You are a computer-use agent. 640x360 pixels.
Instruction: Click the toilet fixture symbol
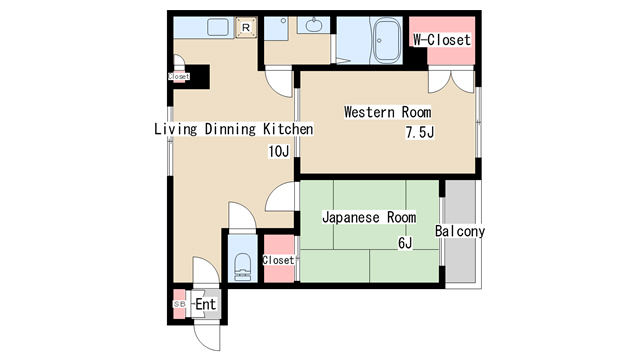click(x=243, y=267)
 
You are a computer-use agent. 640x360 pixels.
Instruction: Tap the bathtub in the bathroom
click(x=387, y=41)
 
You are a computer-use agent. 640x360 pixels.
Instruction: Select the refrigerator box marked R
click(x=246, y=28)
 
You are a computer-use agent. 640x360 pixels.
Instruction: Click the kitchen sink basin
click(x=218, y=27)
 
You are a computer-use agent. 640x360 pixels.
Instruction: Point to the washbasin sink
click(x=314, y=25)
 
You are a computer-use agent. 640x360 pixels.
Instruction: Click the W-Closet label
click(x=442, y=40)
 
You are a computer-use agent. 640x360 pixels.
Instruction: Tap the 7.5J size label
click(x=420, y=132)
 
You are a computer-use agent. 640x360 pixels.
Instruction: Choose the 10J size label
click(x=279, y=152)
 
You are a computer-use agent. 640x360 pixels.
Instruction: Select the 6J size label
click(x=405, y=243)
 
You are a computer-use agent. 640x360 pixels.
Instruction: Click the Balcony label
click(x=460, y=231)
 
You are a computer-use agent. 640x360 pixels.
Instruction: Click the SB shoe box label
click(x=179, y=304)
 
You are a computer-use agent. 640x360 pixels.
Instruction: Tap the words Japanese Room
click(x=369, y=217)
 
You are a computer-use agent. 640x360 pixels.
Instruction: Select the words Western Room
click(x=387, y=112)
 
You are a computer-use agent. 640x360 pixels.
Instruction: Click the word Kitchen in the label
click(x=288, y=129)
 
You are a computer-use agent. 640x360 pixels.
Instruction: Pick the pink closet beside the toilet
click(x=279, y=258)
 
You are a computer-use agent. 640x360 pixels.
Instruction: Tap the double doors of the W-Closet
click(x=451, y=82)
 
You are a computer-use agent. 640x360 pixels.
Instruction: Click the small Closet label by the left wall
click(x=178, y=76)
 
